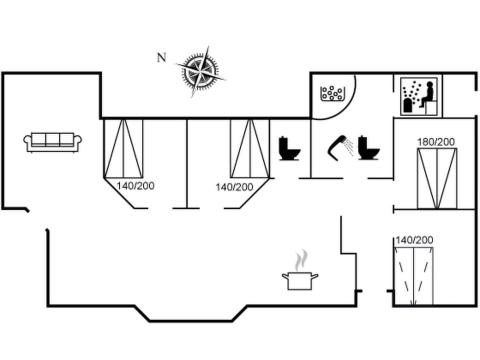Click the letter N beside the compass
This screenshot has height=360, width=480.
click(161, 57)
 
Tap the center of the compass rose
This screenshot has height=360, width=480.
click(200, 71)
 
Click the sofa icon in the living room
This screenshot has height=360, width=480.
click(52, 141)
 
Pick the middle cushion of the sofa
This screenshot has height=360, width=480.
click(52, 139)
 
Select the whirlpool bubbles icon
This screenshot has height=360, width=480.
click(332, 93)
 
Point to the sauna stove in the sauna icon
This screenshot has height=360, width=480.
click(409, 105)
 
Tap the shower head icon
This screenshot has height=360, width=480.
click(338, 144)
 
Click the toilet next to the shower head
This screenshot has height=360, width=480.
click(369, 147)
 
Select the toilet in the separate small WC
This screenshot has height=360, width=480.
click(289, 148)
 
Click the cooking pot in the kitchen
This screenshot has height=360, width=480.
click(300, 280)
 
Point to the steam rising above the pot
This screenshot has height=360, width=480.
click(300, 260)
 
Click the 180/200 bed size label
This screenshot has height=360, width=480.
click(436, 142)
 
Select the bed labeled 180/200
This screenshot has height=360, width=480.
click(437, 178)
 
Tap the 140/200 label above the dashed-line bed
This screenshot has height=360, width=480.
click(414, 240)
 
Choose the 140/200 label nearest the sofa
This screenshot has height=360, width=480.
click(135, 186)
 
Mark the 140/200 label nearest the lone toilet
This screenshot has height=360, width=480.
click(234, 187)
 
